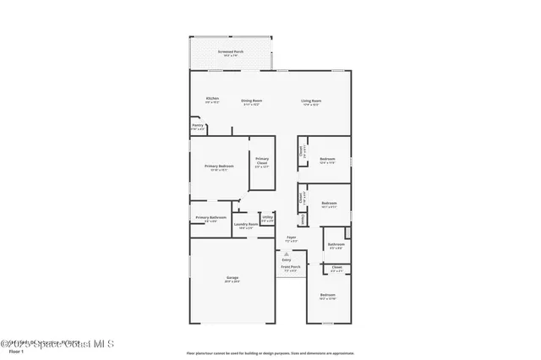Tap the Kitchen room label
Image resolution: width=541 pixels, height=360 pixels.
point(212,98)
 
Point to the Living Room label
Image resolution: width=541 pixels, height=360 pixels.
point(311,101)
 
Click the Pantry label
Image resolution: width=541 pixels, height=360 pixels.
point(197,126)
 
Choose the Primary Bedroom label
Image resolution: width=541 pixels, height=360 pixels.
point(219,166)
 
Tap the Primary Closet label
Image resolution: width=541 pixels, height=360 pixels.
point(262,160)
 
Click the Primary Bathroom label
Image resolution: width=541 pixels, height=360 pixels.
point(210,218)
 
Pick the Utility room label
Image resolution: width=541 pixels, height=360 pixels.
point(267,218)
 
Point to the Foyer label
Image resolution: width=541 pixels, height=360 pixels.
point(291,237)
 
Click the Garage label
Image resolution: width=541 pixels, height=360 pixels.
point(232,277)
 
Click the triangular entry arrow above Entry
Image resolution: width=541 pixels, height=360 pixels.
point(286,253)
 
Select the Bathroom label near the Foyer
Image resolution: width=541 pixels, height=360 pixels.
point(336,244)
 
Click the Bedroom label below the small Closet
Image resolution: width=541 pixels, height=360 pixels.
point(328,295)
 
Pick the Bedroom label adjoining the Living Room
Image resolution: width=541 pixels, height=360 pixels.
point(327,159)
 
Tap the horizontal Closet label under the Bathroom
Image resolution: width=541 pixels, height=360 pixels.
point(336,267)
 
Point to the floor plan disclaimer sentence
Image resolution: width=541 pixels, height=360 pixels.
point(270,352)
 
